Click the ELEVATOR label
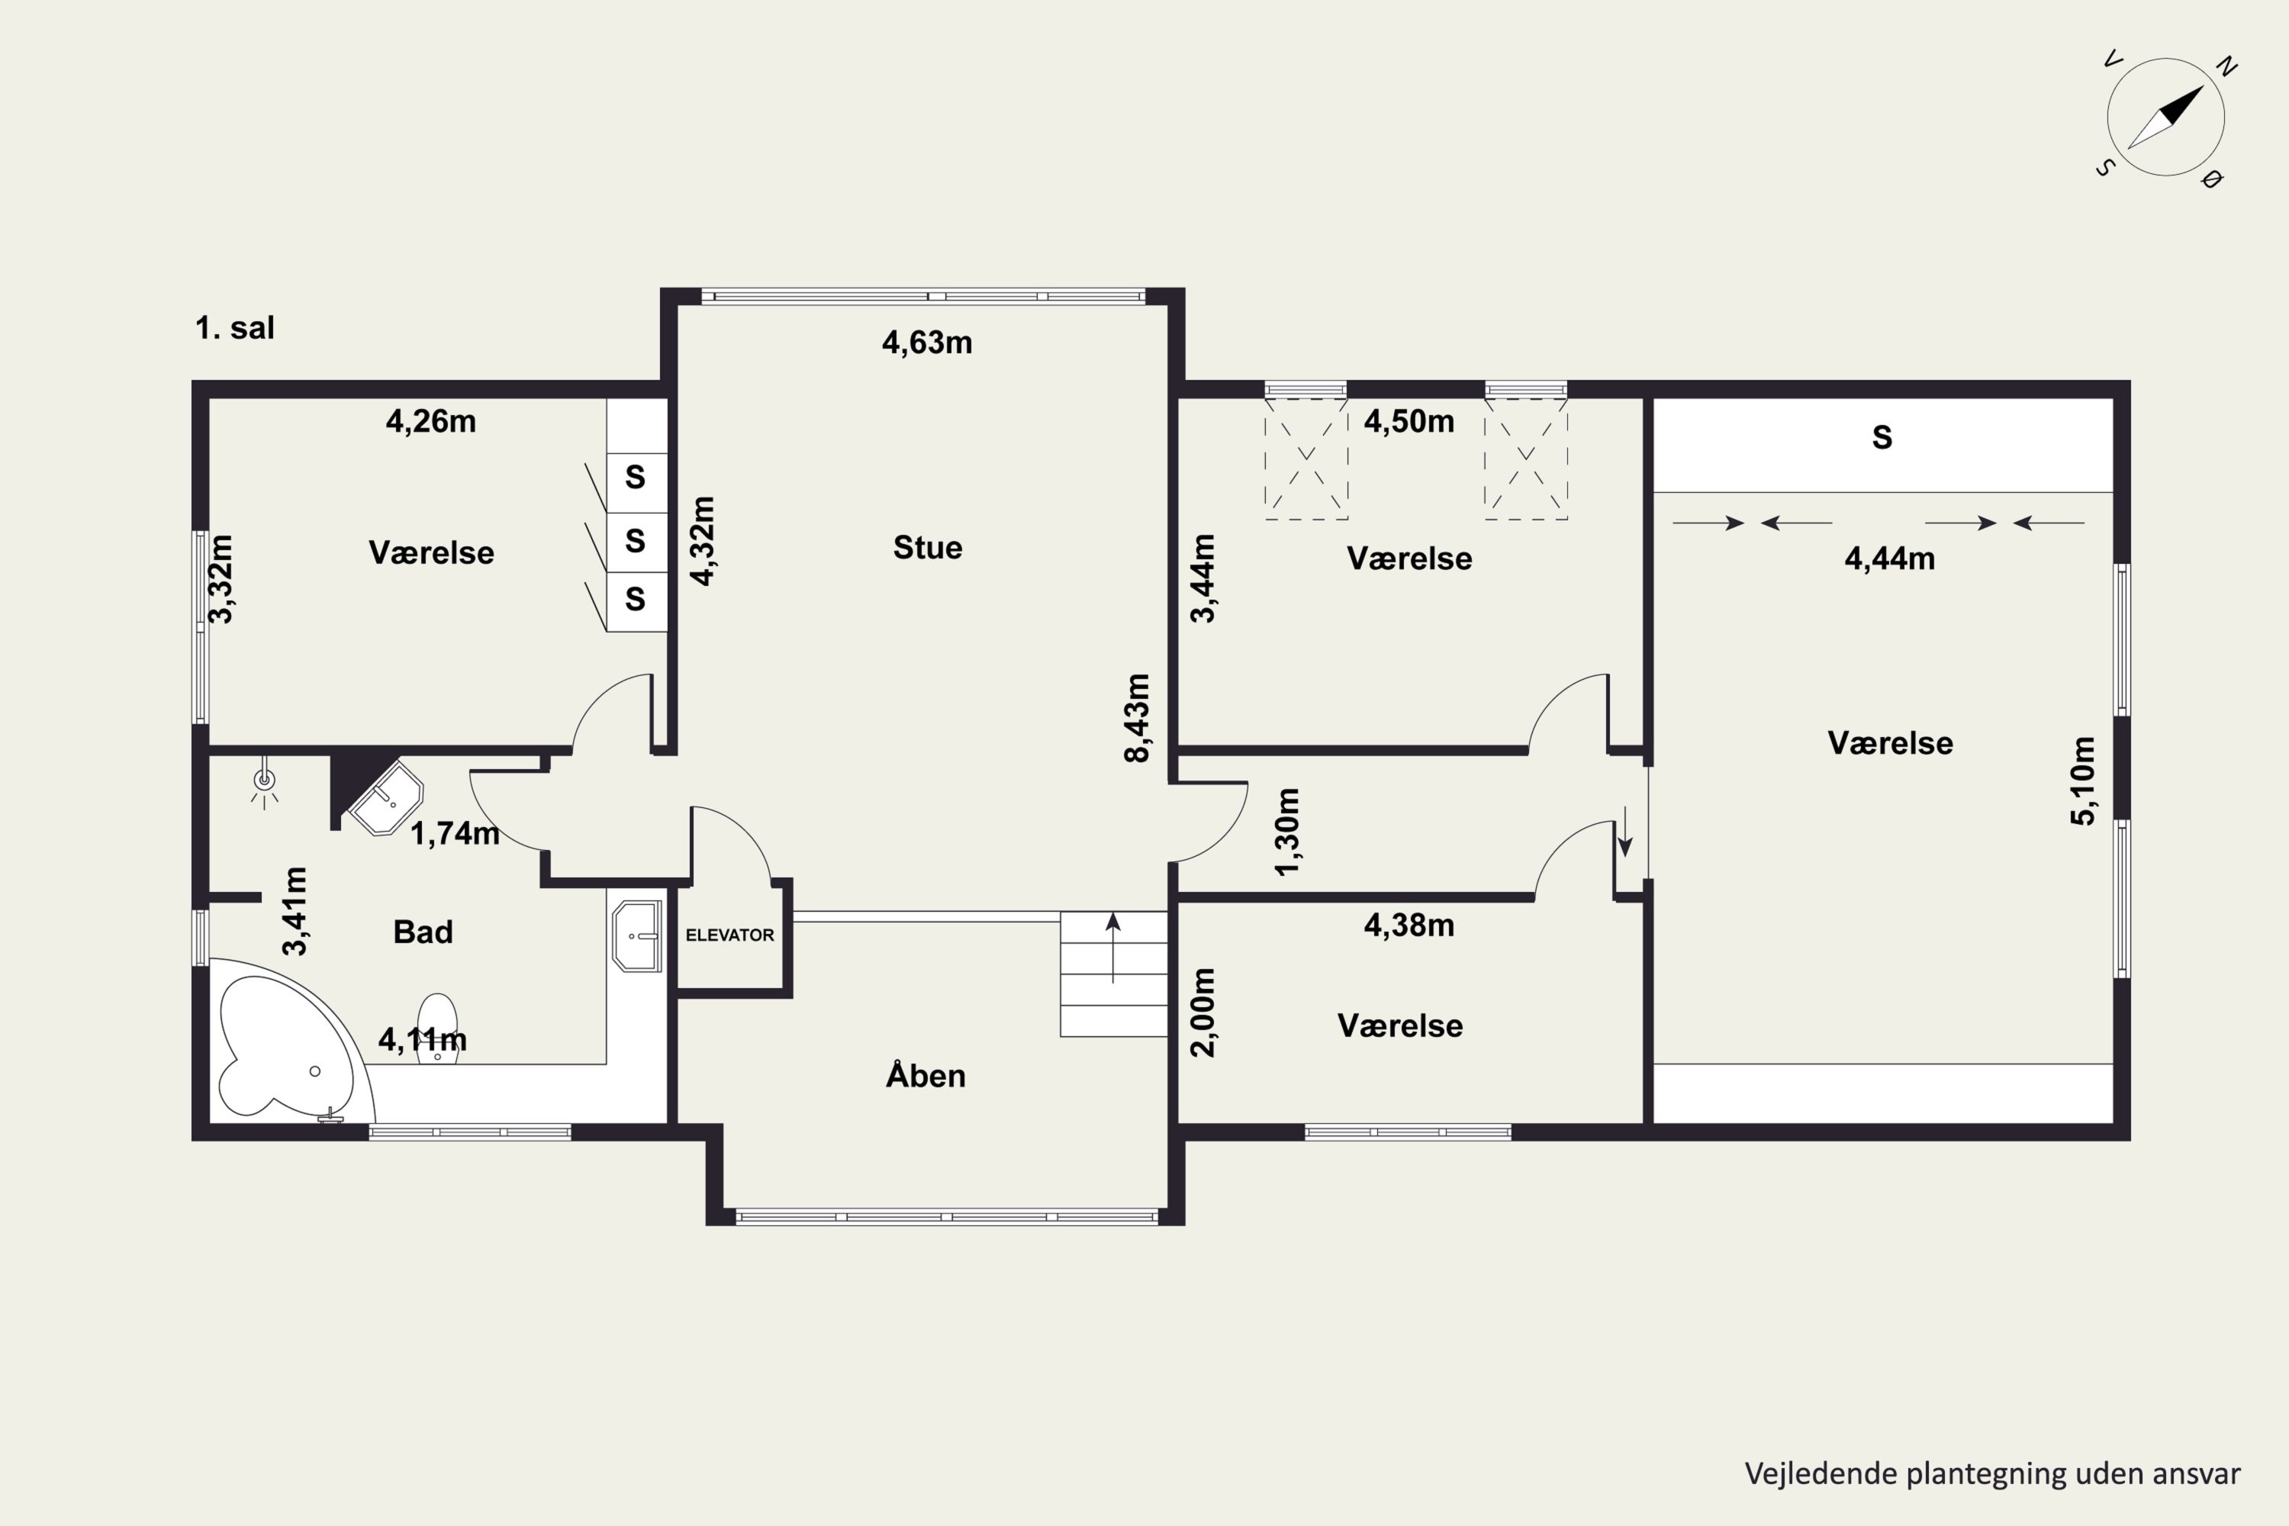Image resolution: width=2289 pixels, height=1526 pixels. click(730, 935)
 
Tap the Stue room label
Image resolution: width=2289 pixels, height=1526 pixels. click(928, 548)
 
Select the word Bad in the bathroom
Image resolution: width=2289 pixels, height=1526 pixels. click(423, 932)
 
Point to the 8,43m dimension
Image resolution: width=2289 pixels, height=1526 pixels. click(1137, 718)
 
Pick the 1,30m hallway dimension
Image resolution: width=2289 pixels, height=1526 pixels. click(1286, 832)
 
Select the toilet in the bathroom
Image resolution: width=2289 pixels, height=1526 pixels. click(437, 1027)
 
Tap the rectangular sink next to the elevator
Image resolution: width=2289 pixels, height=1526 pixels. click(636, 936)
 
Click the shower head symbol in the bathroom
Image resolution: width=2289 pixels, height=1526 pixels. click(264, 781)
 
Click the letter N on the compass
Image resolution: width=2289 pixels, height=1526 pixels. click(2226, 66)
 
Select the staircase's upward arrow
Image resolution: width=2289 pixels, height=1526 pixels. click(1113, 947)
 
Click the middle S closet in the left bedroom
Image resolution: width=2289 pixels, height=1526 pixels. click(636, 540)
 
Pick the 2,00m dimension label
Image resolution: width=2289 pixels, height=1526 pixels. click(1203, 1013)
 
